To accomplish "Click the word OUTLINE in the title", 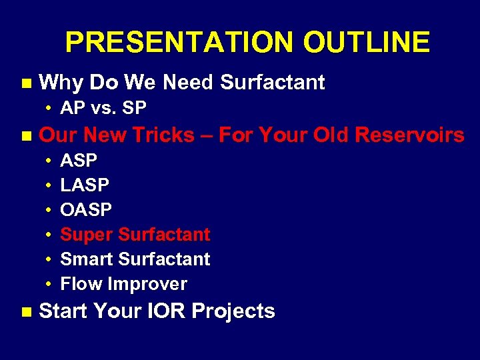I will coord(367,43).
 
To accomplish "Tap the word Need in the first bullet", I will coord(189,83).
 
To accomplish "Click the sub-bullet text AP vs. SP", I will coord(103,108).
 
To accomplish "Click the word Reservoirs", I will coord(409,135).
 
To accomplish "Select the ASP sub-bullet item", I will coord(79,161).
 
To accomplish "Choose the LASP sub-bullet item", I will coord(85,185).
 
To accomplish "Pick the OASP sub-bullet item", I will coord(86,210).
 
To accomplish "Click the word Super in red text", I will coord(87,235).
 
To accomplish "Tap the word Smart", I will coord(87,259).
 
